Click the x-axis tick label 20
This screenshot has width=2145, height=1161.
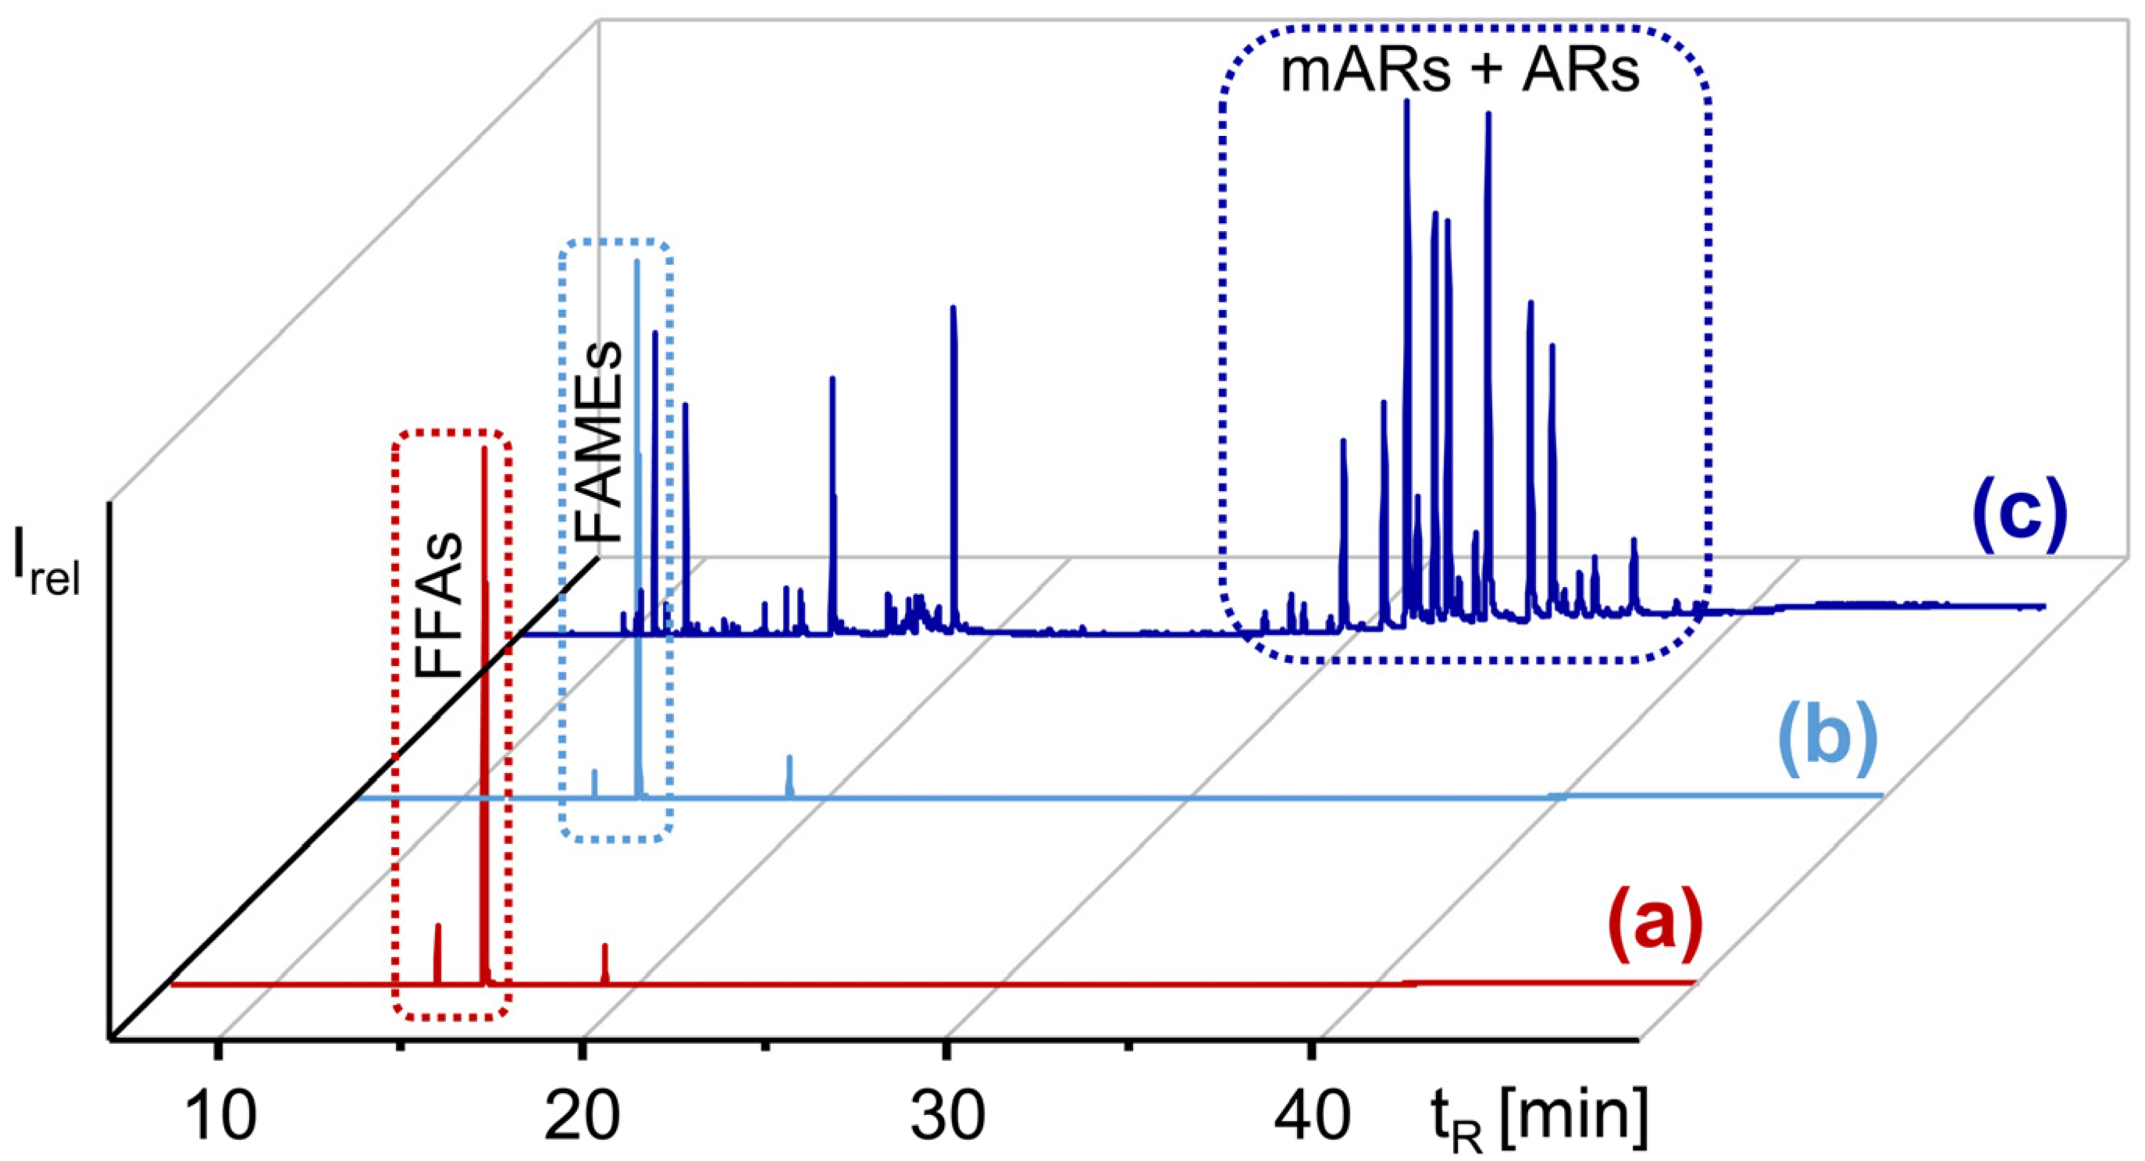point(582,1116)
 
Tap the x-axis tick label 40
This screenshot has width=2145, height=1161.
point(1313,1116)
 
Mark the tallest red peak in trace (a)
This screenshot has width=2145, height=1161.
point(484,454)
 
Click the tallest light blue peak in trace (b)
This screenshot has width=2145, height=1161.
point(637,266)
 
